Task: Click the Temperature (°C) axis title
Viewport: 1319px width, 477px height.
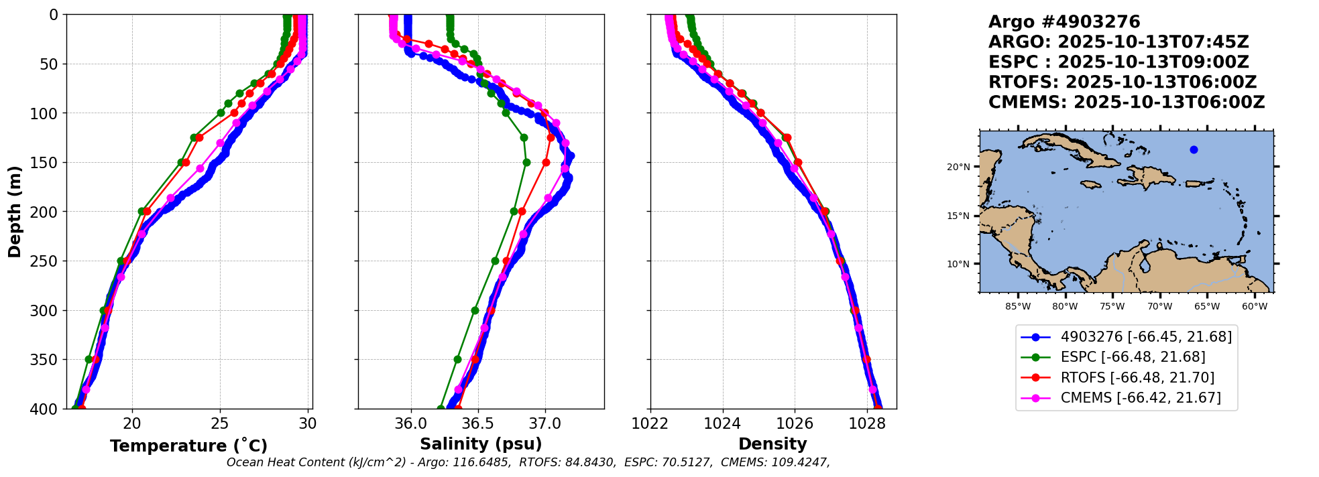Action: [188, 446]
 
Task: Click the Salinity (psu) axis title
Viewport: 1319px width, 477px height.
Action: [481, 444]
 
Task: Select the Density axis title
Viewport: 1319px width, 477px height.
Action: [772, 444]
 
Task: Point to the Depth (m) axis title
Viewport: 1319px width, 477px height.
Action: [15, 212]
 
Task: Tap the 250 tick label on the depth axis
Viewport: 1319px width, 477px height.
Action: [46, 261]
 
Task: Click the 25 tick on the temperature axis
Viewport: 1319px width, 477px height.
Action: [220, 423]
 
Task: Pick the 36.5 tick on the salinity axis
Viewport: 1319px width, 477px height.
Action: [478, 423]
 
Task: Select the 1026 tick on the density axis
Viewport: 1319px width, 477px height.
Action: [795, 423]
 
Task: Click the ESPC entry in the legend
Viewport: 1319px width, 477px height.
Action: [1133, 357]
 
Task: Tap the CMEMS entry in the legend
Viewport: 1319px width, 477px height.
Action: [1140, 398]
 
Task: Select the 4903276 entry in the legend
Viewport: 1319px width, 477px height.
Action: [1146, 337]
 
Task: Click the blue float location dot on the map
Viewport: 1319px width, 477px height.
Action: [1194, 149]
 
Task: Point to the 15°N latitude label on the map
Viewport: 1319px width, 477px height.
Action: [958, 216]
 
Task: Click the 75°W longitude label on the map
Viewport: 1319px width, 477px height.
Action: [1112, 307]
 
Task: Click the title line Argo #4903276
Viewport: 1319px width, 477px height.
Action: [1064, 22]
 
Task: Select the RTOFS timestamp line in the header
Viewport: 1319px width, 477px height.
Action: [1123, 82]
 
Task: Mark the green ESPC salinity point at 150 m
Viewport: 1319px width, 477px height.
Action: [526, 162]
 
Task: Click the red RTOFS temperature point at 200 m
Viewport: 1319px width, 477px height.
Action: [147, 211]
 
